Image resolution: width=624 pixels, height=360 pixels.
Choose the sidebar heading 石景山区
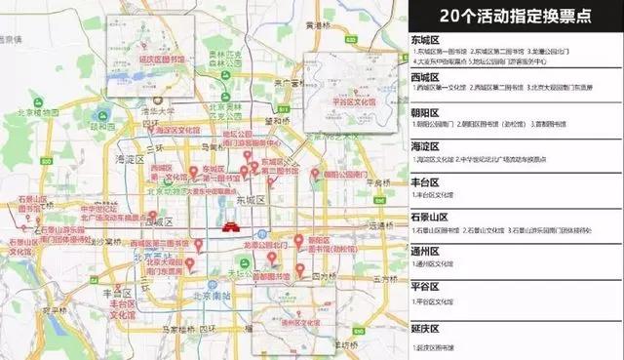pyautogui.click(x=433, y=217)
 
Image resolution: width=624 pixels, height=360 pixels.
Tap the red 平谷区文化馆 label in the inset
pyautogui.click(x=348, y=100)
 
